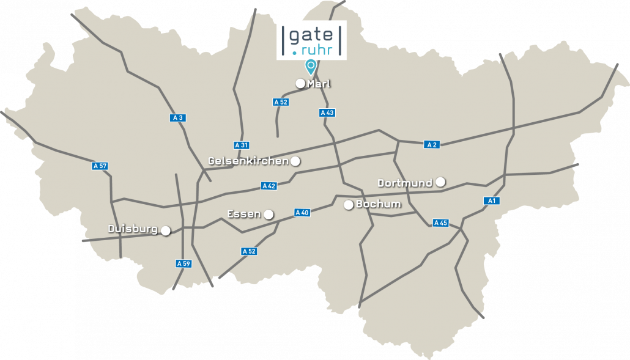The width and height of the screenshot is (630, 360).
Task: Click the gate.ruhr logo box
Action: click(x=311, y=40)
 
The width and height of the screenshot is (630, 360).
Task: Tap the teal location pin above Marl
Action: click(x=311, y=66)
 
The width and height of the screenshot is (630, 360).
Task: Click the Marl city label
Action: click(x=319, y=84)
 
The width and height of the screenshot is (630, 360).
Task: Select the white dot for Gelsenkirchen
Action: click(x=295, y=161)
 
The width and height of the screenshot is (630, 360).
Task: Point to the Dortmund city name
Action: click(x=405, y=183)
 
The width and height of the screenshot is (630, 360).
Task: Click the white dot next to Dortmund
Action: click(x=440, y=182)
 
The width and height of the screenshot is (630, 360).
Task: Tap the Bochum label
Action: click(x=378, y=204)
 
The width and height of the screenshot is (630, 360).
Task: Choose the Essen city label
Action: click(x=243, y=214)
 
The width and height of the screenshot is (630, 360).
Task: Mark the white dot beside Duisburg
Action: click(x=165, y=230)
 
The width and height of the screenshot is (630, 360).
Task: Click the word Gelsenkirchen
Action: click(x=248, y=161)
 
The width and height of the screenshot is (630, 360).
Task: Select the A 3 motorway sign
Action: click(x=178, y=118)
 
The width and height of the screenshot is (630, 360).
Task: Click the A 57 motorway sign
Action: click(x=100, y=166)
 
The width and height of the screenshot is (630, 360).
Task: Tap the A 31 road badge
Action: click(x=241, y=145)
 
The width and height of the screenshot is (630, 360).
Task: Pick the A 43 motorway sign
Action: click(x=327, y=112)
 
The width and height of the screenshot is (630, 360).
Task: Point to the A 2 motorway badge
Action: click(x=432, y=144)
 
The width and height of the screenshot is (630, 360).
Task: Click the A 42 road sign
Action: click(x=269, y=185)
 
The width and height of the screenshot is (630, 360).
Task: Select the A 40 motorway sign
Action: click(x=302, y=213)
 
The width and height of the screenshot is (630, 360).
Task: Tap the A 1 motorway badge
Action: click(x=491, y=200)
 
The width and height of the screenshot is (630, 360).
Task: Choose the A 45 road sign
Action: click(x=440, y=222)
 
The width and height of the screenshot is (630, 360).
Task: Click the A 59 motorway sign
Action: click(x=183, y=263)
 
